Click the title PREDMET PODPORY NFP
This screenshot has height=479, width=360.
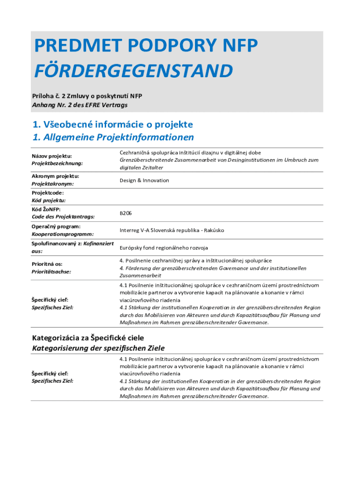(145, 46)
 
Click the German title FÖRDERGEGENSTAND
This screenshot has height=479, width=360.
(133, 71)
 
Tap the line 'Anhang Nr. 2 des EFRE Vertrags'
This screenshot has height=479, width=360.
(79, 105)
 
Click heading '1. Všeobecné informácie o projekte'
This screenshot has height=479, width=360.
(113, 124)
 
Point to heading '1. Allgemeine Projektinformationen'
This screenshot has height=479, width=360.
(113, 138)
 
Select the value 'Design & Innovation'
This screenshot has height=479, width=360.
(144, 181)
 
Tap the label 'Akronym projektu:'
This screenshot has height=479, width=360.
(55, 176)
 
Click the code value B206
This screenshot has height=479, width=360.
(126, 213)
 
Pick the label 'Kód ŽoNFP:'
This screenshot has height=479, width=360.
(46, 209)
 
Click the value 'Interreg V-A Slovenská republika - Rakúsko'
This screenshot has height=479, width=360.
(172, 230)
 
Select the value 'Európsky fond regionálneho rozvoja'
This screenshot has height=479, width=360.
(164, 247)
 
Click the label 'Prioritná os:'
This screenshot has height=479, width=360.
(47, 264)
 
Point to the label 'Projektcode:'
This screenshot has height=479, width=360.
(48, 193)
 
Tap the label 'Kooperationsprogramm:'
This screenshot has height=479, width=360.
(63, 234)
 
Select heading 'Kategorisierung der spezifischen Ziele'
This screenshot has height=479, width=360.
(98, 348)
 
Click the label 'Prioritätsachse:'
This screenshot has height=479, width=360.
(52, 271)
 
